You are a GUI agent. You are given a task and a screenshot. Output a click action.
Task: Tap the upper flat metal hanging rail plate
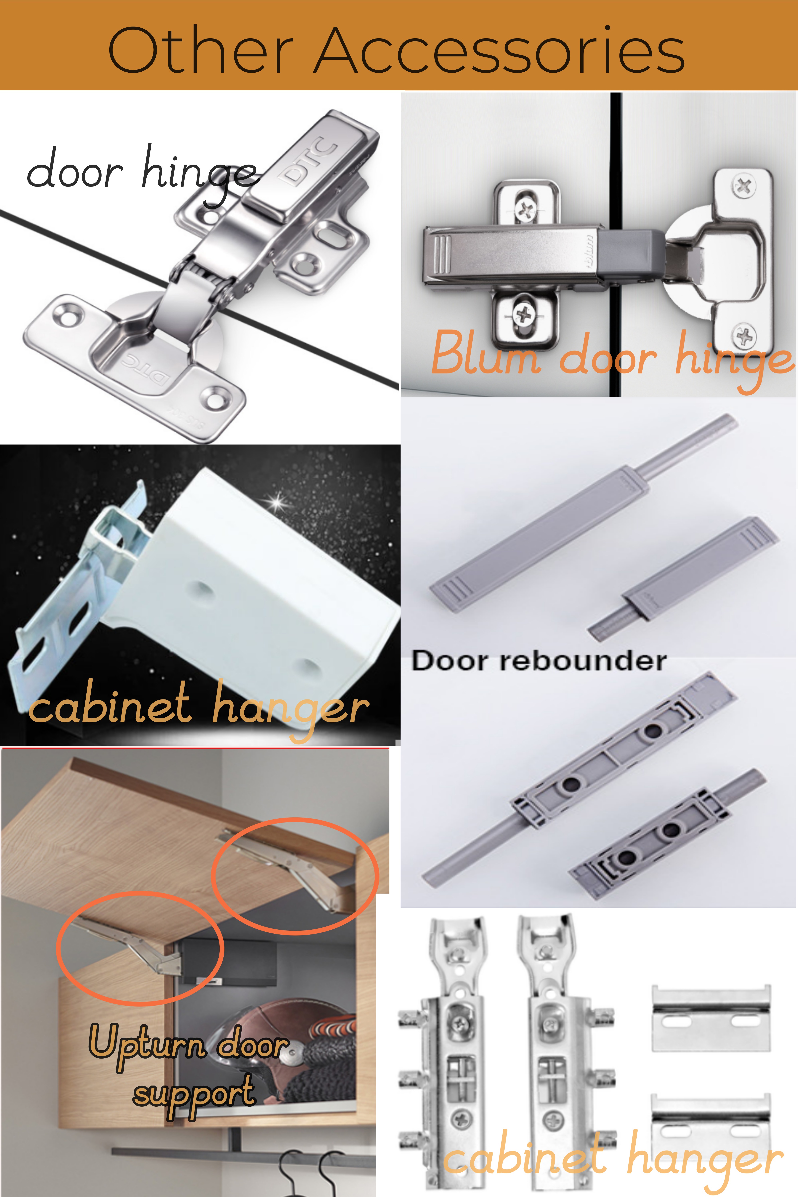click(x=711, y=1018)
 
